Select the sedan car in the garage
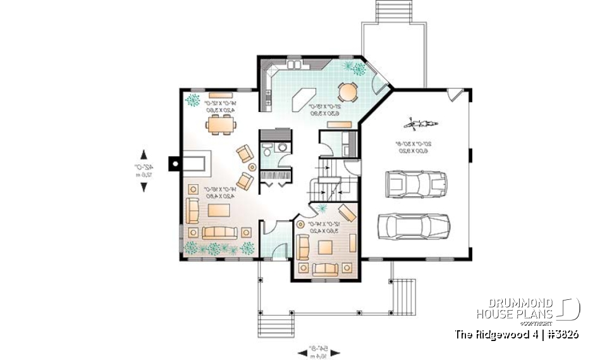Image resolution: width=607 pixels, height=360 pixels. (414, 226)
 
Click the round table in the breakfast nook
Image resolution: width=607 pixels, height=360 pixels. (348, 93)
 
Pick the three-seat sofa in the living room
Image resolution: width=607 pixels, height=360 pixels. (219, 232)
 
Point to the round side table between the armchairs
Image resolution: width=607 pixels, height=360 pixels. (252, 168)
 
